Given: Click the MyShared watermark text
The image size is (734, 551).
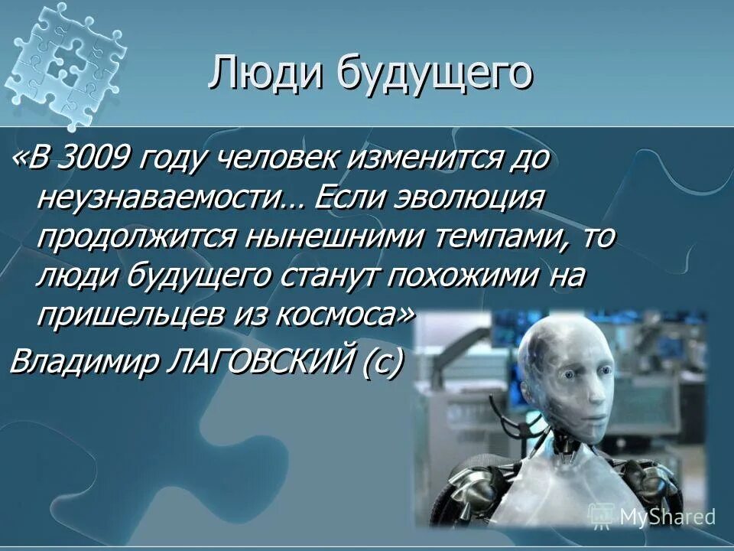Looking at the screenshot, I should click(x=667, y=517).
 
